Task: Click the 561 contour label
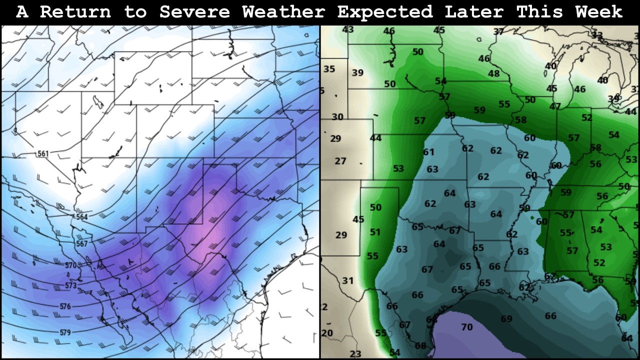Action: [43, 153]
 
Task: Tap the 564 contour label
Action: [81, 217]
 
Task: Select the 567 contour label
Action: [81, 243]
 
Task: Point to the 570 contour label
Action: [71, 265]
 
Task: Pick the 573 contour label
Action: [71, 285]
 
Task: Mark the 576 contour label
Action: [65, 306]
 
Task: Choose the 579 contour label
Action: [65, 332]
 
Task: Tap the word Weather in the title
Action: [283, 12]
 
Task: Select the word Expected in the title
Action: [385, 12]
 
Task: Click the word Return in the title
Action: [75, 12]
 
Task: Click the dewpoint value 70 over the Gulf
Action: [466, 327]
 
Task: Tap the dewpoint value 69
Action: [506, 319]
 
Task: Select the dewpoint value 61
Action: [428, 152]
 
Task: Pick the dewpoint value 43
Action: [348, 30]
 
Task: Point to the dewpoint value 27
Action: [340, 161]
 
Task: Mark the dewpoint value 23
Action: [355, 354]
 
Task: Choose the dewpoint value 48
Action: [493, 73]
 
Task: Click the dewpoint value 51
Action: [375, 232]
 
